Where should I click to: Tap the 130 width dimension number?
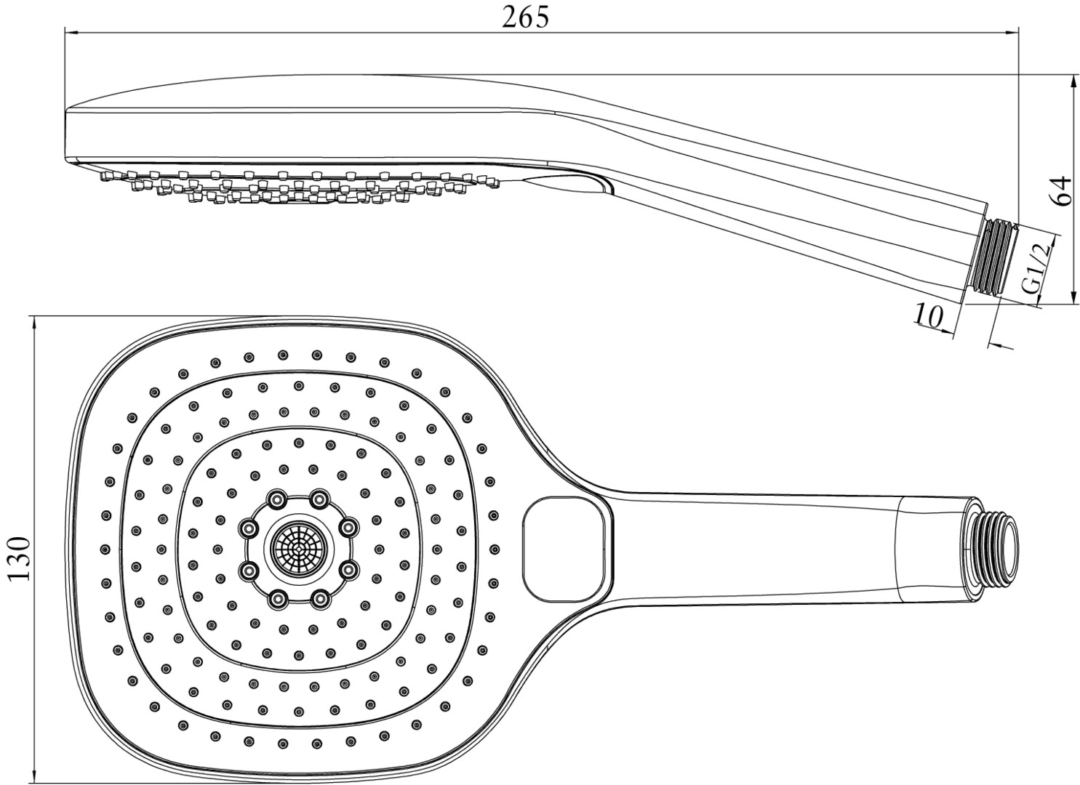coord(20,558)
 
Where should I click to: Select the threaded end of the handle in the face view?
coord(996,549)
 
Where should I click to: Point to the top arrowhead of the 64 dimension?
coord(1074,79)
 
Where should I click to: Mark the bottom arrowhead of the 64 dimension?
coord(1074,299)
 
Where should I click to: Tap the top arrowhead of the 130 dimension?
coord(34,322)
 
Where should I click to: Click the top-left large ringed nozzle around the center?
coord(277,499)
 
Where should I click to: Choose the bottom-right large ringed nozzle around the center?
coord(319,598)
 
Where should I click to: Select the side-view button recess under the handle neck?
coord(575,182)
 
